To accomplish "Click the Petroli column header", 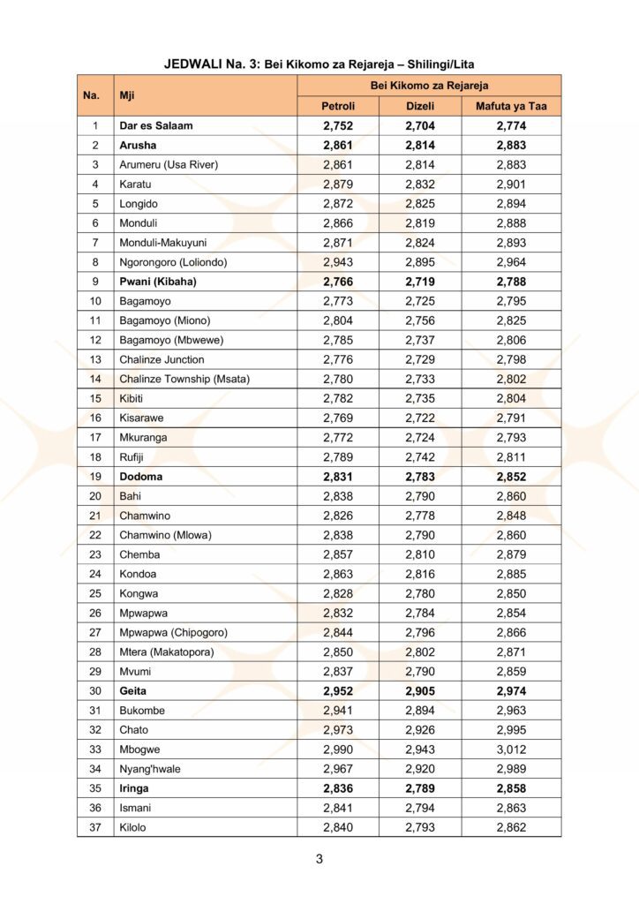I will pos(338,106).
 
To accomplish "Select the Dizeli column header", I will pos(420,106).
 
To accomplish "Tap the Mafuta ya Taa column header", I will pos(511,106).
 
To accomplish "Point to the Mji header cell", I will pos(133,95).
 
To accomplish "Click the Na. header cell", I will pos(91,95).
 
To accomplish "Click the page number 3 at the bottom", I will pos(319,859).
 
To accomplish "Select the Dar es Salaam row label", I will pos(156,126).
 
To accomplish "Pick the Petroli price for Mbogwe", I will pos(338,750).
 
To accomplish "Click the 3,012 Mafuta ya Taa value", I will pos(511,750).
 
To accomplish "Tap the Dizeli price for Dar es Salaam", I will pos(420,126).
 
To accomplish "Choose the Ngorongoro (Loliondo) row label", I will pos(173,262).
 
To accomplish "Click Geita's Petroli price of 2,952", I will pos(338,691).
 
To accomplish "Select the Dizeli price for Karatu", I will pos(420,185).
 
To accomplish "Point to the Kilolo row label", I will pos(133,827).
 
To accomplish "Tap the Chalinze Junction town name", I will pos(162,359).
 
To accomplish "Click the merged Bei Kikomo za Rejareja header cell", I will pos(428,85).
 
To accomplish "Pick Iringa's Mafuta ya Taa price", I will pos(511,788).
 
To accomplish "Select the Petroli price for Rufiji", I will pos(338,457).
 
